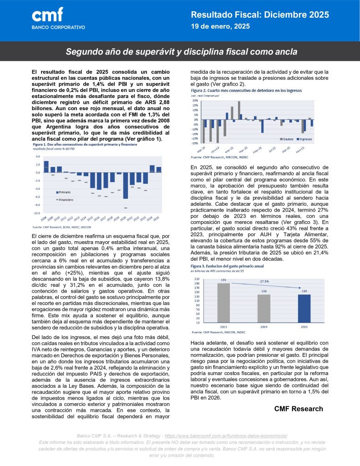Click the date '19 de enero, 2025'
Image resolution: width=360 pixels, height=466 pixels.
point(220,27)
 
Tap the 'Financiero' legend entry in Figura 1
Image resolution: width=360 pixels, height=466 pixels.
point(66,199)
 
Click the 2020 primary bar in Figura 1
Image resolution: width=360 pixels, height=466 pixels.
point(126,185)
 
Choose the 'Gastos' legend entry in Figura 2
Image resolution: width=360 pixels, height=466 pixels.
point(288,138)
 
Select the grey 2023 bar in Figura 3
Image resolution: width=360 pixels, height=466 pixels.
point(223,303)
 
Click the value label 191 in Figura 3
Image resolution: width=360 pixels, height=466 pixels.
point(223,280)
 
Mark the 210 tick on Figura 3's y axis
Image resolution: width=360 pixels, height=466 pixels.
point(197,279)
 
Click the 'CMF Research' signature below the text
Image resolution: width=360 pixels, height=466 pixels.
point(299,409)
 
